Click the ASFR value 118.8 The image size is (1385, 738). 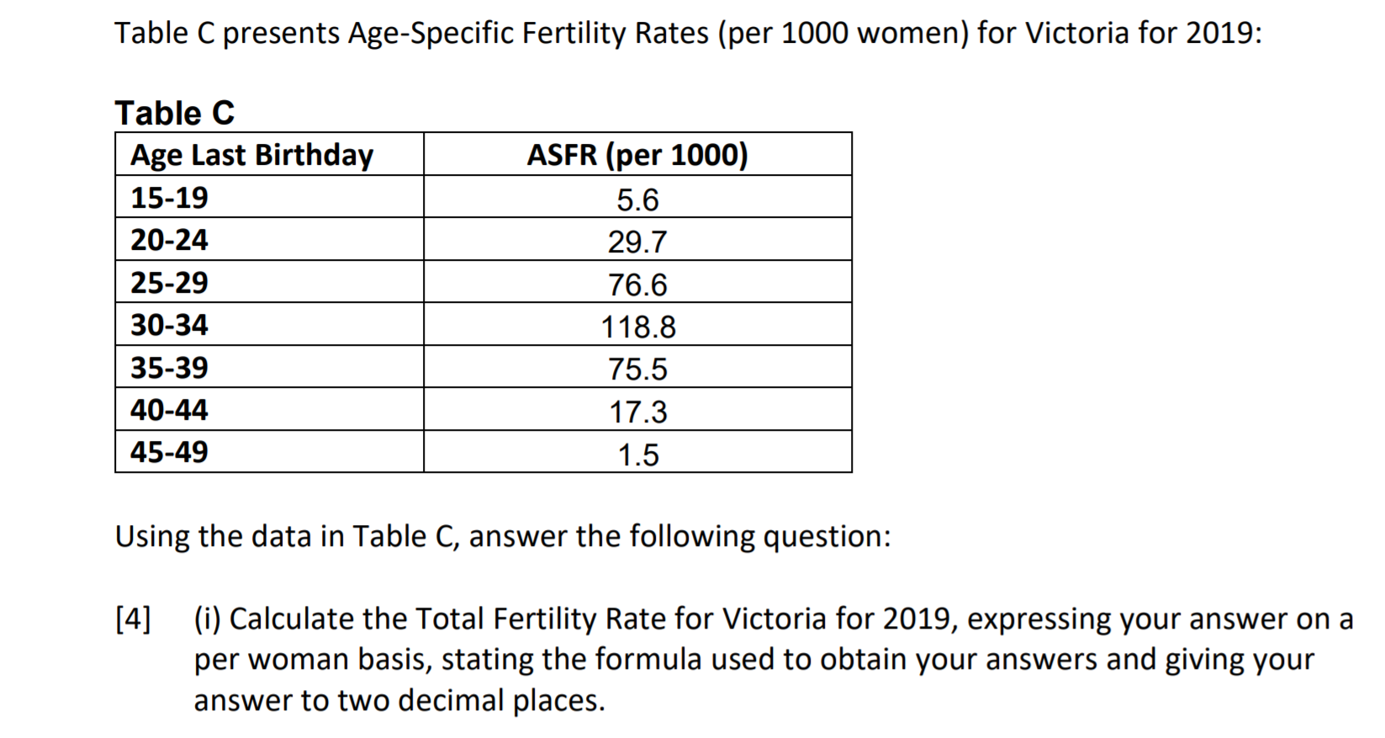pos(637,327)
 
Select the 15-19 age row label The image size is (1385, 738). pos(169,198)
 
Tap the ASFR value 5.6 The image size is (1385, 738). pos(637,200)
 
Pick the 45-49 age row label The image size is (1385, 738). pos(169,452)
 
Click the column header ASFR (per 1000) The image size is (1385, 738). pos(637,155)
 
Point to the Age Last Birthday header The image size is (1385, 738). pos(251,155)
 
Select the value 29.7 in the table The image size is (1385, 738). pos(637,242)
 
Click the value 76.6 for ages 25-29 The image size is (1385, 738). pos(637,285)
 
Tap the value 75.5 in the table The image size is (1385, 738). pos(637,369)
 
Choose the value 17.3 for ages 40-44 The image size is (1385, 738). pos(637,412)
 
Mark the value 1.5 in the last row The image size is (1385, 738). pos(637,455)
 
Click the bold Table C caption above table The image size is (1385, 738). pos(175,113)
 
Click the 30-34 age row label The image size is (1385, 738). pos(169,325)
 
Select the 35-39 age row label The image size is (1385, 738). pos(169,368)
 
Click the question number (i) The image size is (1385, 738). pos(208,619)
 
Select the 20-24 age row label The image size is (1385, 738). pos(169,240)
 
